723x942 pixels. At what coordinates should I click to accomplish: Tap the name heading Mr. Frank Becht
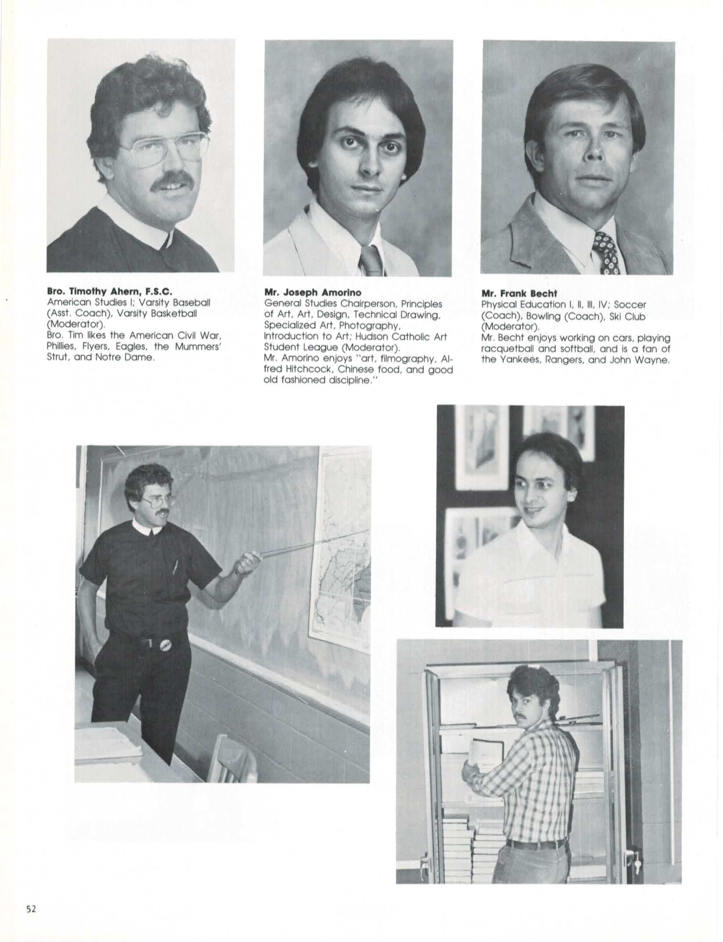(x=519, y=294)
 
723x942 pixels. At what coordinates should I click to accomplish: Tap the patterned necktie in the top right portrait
(x=607, y=254)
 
